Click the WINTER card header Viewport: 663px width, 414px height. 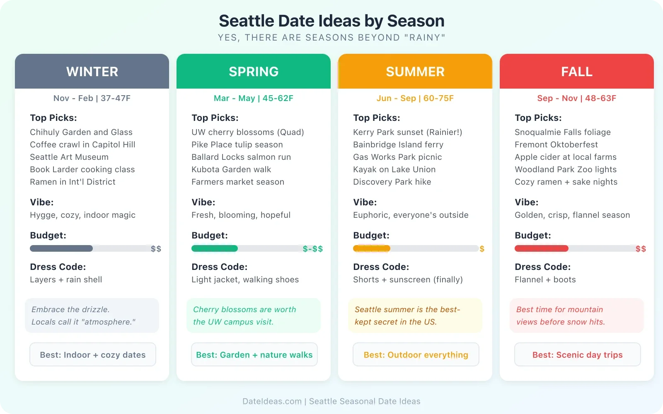click(x=92, y=71)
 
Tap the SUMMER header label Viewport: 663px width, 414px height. click(x=415, y=72)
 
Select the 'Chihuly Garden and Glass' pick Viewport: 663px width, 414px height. click(x=81, y=132)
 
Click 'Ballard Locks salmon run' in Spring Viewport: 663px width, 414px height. click(x=241, y=157)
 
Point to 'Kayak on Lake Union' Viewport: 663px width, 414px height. click(x=394, y=169)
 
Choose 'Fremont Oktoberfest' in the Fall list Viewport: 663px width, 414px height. click(x=556, y=144)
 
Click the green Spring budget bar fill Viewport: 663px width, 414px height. click(x=215, y=248)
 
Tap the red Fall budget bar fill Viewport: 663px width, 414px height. click(x=541, y=248)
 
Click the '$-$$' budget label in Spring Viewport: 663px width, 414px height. click(x=312, y=249)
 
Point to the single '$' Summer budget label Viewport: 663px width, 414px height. click(x=482, y=249)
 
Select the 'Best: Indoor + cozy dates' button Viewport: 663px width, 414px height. click(x=93, y=354)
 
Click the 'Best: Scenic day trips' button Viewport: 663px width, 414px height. click(x=577, y=354)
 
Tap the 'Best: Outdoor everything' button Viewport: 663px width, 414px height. click(x=416, y=354)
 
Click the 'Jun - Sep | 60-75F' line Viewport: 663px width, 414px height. click(x=415, y=98)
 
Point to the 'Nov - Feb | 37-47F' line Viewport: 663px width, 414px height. click(x=92, y=98)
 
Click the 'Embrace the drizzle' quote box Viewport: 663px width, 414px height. click(x=92, y=315)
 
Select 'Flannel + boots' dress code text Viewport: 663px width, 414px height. click(x=545, y=279)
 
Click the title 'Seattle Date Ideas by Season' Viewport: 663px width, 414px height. click(x=331, y=21)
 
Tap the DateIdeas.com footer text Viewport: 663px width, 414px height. click(x=331, y=401)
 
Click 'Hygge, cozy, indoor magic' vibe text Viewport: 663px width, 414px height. click(x=82, y=215)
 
